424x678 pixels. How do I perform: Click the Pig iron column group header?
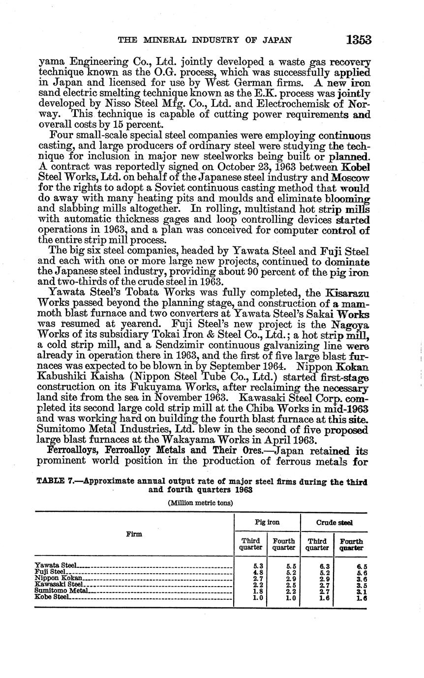click(x=267, y=523)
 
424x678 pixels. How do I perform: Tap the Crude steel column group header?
click(x=334, y=523)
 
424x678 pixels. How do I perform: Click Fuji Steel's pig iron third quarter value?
click(x=251, y=572)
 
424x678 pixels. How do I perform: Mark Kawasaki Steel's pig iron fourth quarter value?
click(x=284, y=585)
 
